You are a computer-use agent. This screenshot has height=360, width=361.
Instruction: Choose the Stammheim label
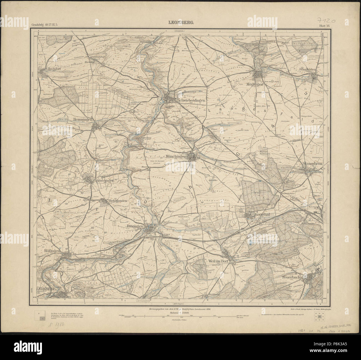click(313, 164)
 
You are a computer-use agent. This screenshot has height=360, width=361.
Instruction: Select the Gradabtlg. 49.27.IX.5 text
click(44, 26)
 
